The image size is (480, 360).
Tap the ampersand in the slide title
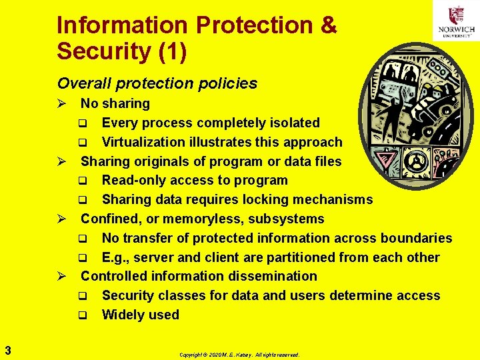[328, 26]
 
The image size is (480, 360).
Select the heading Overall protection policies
[157, 83]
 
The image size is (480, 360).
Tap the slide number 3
[7, 348]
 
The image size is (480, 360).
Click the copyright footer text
[239, 355]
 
